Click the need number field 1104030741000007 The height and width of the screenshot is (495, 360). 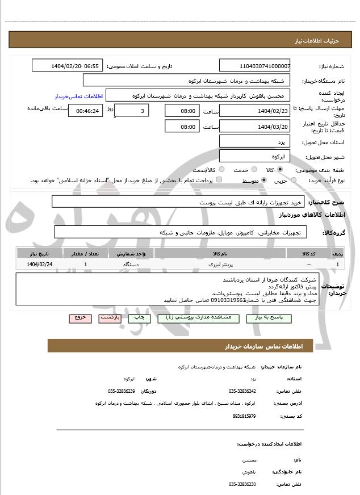[x=254, y=66]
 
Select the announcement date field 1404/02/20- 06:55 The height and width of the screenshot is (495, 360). [x=68, y=66]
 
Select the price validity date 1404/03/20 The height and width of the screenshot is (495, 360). [x=254, y=127]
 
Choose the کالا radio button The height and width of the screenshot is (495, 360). [x=280, y=170]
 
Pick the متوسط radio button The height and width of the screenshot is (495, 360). [x=263, y=181]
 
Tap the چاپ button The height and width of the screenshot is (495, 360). [x=139, y=318]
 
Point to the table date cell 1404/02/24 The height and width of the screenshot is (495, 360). [x=40, y=265]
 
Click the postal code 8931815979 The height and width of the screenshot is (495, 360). [x=244, y=416]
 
